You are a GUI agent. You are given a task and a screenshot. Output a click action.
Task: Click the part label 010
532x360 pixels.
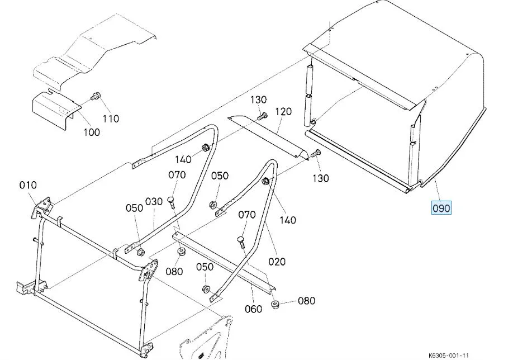click(x=27, y=186)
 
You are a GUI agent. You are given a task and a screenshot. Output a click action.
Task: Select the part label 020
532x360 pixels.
click(x=277, y=261)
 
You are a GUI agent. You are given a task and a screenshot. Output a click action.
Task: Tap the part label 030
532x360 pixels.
click(x=154, y=201)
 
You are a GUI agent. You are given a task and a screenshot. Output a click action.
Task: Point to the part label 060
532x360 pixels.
click(x=254, y=309)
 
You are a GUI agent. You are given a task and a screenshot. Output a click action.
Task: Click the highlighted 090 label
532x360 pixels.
click(x=441, y=209)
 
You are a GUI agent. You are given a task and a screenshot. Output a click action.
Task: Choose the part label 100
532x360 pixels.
click(x=92, y=132)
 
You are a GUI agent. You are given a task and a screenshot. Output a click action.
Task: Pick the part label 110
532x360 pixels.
click(x=111, y=119)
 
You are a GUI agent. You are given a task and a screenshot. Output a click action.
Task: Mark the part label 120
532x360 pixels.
click(x=283, y=112)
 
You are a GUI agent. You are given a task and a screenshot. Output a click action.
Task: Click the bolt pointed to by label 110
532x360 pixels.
click(x=96, y=96)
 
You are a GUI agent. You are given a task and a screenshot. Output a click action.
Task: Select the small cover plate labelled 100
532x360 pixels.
click(x=53, y=108)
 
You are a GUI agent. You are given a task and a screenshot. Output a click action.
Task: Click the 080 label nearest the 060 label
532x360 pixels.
click(x=306, y=301)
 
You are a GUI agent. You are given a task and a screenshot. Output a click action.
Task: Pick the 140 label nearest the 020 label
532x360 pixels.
click(x=287, y=220)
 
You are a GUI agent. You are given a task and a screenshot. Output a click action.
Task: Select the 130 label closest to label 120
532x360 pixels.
click(x=258, y=100)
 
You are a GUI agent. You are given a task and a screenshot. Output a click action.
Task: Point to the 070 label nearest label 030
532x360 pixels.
click(x=177, y=175)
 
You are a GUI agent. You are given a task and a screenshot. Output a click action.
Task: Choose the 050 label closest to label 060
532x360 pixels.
click(x=205, y=267)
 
